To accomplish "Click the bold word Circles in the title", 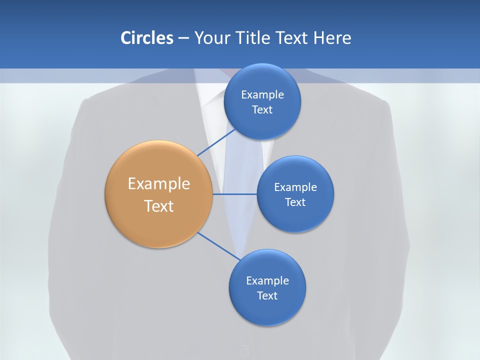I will [146, 38].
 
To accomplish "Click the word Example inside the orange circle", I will [159, 184].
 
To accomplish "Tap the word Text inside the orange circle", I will [159, 206].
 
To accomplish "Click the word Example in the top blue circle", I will [262, 95].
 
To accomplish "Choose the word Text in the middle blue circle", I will [295, 202].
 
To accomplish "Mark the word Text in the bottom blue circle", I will [267, 295].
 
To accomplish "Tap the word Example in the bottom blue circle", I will [267, 280].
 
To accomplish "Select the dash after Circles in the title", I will [183, 38].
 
